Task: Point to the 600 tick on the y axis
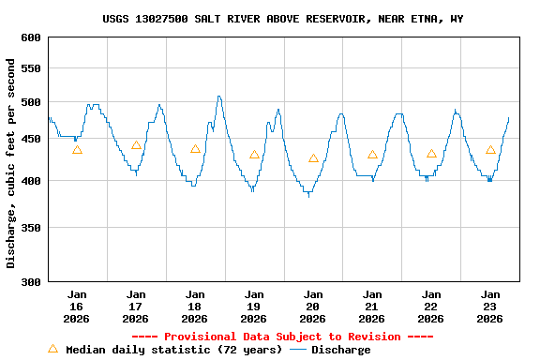click(31, 37)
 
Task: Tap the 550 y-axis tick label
click(31, 69)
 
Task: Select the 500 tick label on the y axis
click(31, 102)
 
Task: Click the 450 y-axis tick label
click(31, 140)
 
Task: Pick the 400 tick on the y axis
click(31, 181)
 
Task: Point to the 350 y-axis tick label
click(31, 228)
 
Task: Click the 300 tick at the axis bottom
click(31, 281)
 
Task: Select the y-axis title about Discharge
click(11, 163)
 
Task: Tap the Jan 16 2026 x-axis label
click(77, 306)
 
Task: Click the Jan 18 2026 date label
click(195, 306)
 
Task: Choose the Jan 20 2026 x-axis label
click(313, 306)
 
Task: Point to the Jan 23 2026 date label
click(490, 306)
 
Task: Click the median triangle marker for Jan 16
click(77, 150)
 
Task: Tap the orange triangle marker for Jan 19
click(254, 155)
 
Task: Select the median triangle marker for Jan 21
click(372, 155)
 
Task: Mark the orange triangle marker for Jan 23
click(490, 150)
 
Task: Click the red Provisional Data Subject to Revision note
click(282, 337)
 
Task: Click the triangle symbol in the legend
click(52, 349)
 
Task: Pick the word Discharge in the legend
click(340, 350)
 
